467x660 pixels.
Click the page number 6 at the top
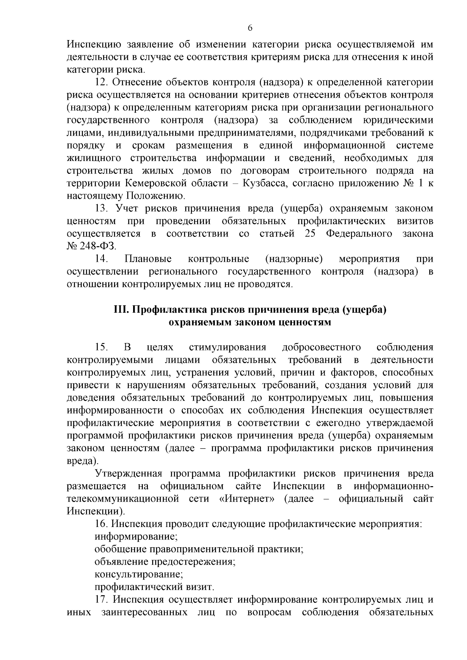[250, 28]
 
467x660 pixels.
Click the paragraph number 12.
[102, 82]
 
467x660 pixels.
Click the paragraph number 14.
[102, 259]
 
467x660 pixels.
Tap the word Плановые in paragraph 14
[148, 259]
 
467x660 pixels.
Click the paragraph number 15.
[102, 347]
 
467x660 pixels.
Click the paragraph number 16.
[102, 524]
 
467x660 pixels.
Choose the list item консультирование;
[139, 574]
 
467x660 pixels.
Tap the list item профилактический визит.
[154, 587]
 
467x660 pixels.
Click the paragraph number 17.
[102, 600]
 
